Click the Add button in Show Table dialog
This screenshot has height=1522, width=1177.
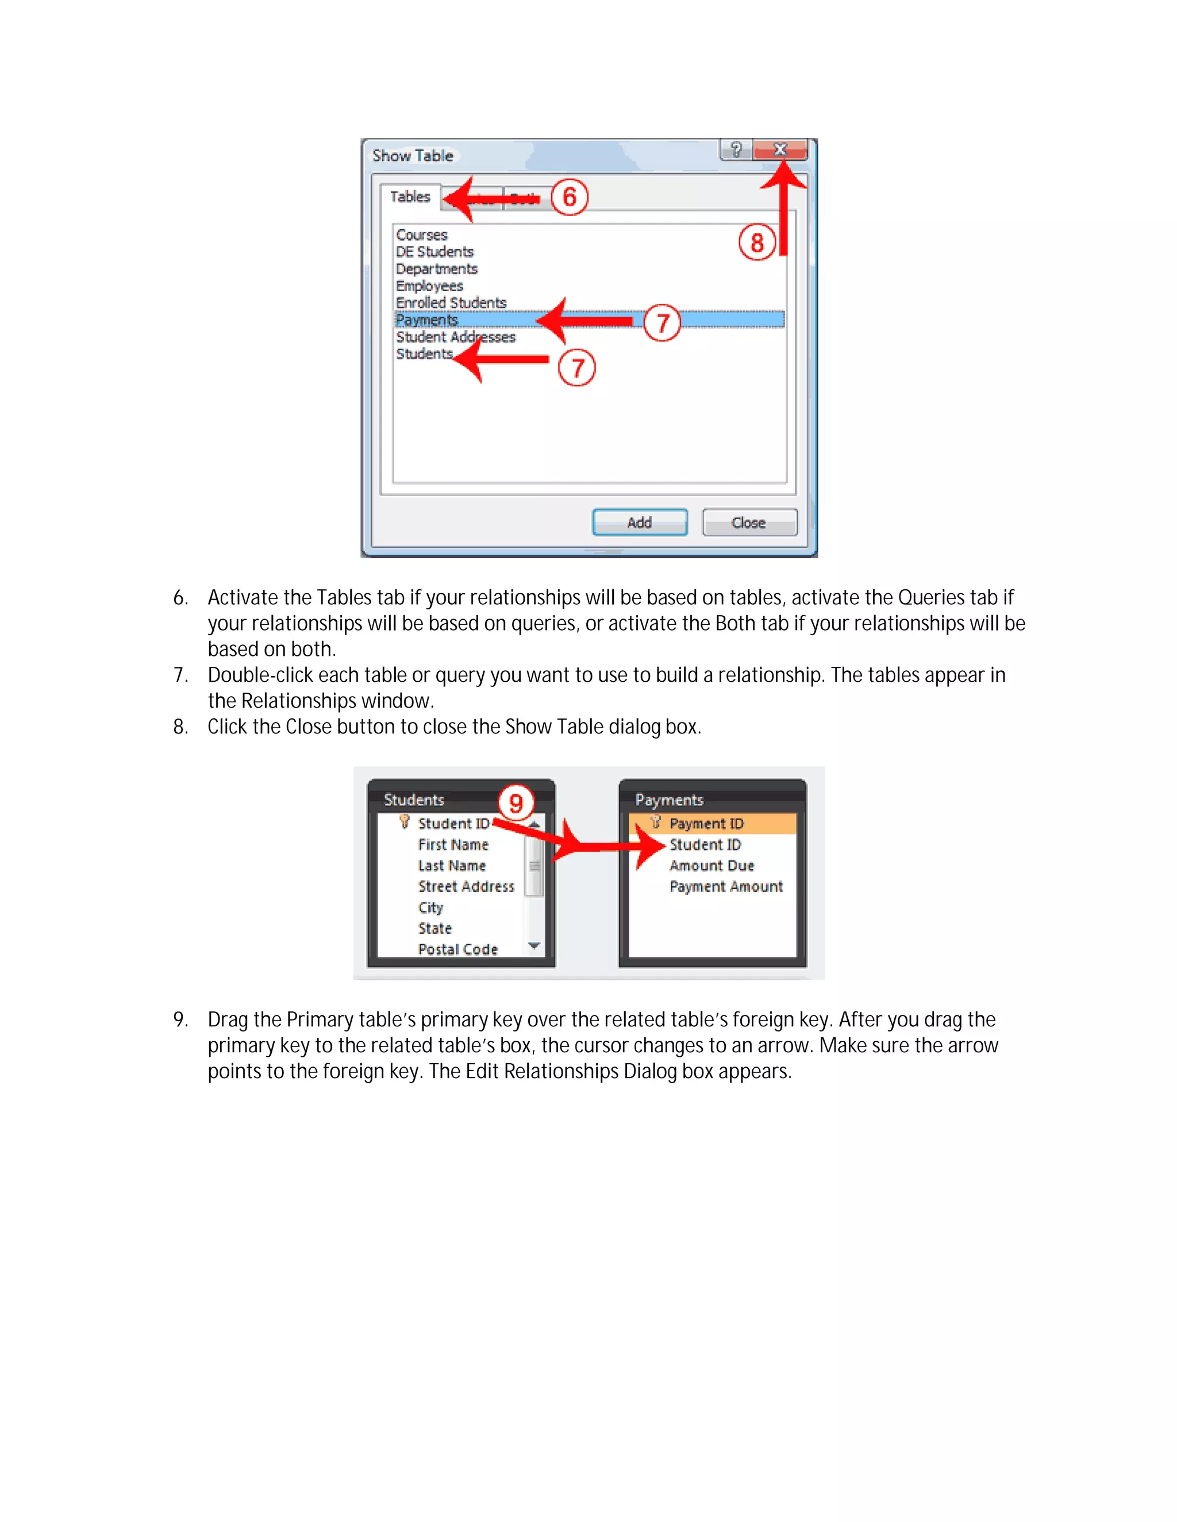coord(640,523)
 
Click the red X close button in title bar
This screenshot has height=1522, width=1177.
coord(780,149)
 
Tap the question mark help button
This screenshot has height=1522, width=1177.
coord(736,149)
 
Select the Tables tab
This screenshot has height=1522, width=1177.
coord(410,196)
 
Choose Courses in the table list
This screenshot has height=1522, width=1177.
coord(422,235)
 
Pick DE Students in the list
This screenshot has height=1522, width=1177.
coord(434,252)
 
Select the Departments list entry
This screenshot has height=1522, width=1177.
coord(437,269)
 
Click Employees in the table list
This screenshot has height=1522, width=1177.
coord(429,285)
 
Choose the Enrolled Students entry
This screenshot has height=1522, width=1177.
coord(451,303)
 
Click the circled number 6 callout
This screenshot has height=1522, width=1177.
coord(569,197)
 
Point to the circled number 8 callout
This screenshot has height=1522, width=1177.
coord(756,242)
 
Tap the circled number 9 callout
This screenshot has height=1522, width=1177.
coord(516,803)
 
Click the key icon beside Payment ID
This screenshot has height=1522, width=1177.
coord(655,822)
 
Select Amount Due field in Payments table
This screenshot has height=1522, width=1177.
coord(711,866)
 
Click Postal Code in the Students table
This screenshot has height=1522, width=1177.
coord(457,949)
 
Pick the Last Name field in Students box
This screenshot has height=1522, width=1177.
coord(452,866)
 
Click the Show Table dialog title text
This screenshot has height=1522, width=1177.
coord(413,156)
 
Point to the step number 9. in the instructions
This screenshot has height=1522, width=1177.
coord(180,1019)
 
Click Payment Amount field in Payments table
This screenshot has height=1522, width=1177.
coord(726,886)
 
